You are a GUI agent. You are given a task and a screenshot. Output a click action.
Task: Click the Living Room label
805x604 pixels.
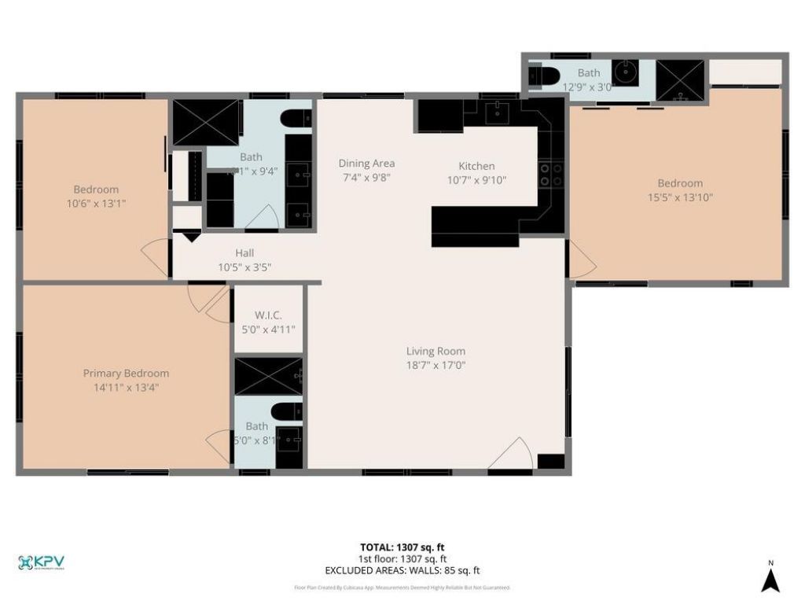coord(436,352)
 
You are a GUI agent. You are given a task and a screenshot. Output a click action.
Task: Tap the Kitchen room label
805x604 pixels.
coord(476,166)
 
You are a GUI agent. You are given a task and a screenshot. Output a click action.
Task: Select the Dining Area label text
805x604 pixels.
coord(366,164)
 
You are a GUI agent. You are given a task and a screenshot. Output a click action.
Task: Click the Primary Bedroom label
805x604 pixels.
coord(126,374)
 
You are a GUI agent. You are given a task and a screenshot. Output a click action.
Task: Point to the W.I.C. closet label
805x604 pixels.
coord(268,315)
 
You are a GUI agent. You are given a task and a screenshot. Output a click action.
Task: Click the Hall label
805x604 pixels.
coord(244,253)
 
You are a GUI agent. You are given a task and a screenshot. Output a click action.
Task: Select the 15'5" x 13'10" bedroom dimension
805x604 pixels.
coord(680,198)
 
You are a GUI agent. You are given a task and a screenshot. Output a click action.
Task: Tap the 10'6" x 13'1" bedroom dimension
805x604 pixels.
coord(96,203)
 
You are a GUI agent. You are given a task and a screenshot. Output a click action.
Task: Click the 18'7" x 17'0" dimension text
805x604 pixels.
coord(436,365)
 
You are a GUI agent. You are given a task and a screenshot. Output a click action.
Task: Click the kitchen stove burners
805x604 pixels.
coord(551,175)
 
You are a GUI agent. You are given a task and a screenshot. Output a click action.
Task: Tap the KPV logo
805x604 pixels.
coord(41,562)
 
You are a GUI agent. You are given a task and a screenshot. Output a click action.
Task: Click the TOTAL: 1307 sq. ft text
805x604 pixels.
coord(402,547)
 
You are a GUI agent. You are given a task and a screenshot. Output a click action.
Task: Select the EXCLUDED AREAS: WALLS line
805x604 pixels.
coord(402,571)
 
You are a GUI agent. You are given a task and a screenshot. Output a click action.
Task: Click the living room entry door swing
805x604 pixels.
coord(513,455)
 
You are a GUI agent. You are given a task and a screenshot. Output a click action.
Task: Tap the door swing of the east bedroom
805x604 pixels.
coord(580,261)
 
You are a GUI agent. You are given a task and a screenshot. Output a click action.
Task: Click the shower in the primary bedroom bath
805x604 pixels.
coord(268,376)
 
